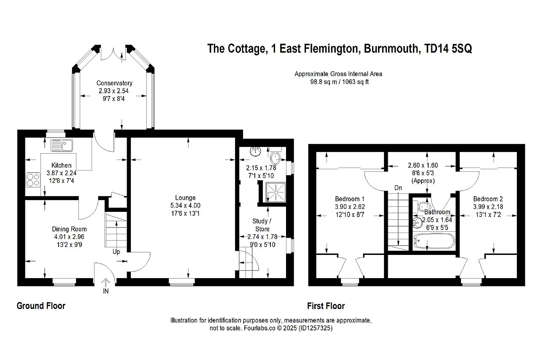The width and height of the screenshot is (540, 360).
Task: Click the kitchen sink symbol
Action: coord(62,146)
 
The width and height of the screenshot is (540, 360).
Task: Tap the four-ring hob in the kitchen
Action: coord(33,180)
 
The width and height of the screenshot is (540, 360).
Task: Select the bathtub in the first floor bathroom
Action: coord(434,241)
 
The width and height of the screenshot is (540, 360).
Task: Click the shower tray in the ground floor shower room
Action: coord(275,192)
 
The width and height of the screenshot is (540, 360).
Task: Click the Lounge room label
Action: coord(185,198)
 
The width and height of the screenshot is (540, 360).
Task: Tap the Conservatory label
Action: coord(114,83)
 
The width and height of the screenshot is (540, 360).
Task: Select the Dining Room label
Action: coord(69,229)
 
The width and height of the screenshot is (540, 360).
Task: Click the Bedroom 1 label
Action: coord(350,199)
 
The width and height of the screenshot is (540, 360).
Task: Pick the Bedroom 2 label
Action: coord(488,199)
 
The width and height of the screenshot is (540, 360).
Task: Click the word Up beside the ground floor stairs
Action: coord(116,252)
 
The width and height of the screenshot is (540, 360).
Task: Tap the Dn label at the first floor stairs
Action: coord(398,188)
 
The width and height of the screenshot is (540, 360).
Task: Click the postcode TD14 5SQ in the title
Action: coord(448,49)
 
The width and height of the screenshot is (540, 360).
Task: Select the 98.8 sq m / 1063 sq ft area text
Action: coord(340,82)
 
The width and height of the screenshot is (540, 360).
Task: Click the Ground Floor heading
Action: coord(41,306)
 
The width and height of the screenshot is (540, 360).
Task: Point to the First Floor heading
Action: coord(326,306)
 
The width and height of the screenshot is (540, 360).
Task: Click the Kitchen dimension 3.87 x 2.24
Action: coord(62,173)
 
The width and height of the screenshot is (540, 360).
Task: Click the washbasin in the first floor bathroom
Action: coord(417,223)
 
